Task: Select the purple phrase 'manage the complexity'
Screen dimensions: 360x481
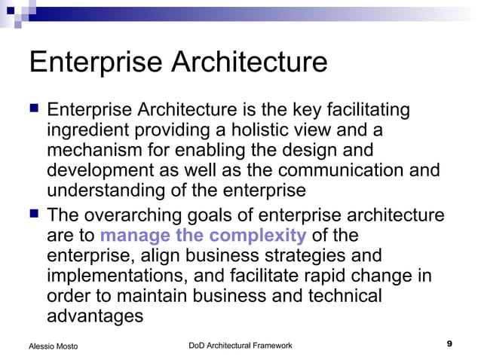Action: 203,236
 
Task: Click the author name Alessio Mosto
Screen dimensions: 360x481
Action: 53,346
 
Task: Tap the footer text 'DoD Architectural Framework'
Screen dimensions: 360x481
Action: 240,345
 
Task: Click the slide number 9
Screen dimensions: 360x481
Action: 449,344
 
